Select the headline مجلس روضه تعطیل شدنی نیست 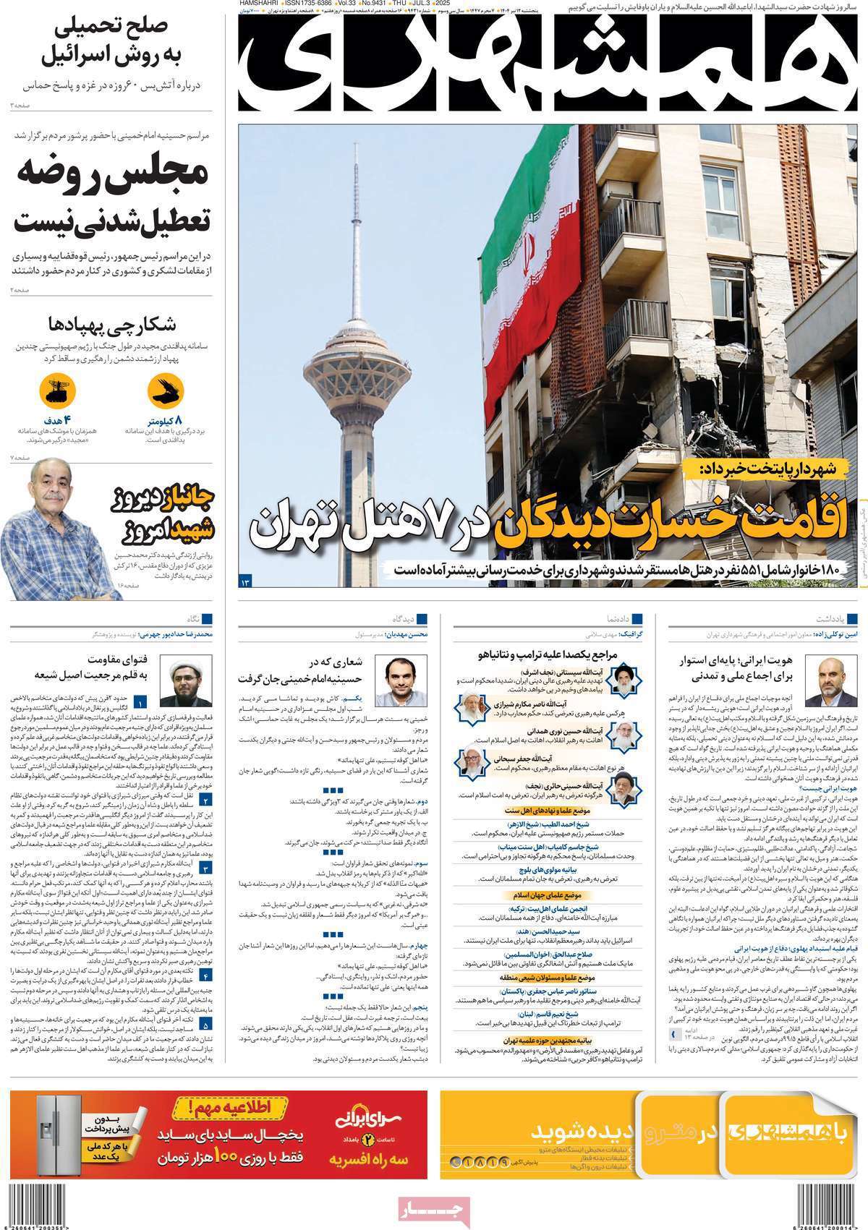coord(112,195)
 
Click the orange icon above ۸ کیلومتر coord(166,391)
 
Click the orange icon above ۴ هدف coord(58,391)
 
